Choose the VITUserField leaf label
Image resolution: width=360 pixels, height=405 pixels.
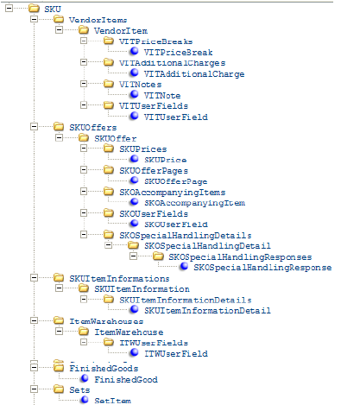pyautogui.click(x=176, y=117)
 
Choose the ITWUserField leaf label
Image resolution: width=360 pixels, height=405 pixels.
pyautogui.click(x=175, y=354)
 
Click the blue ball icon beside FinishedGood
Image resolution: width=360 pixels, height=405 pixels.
pyautogui.click(x=84, y=378)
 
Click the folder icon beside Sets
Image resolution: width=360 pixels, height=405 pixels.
pyautogui.click(x=58, y=389)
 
